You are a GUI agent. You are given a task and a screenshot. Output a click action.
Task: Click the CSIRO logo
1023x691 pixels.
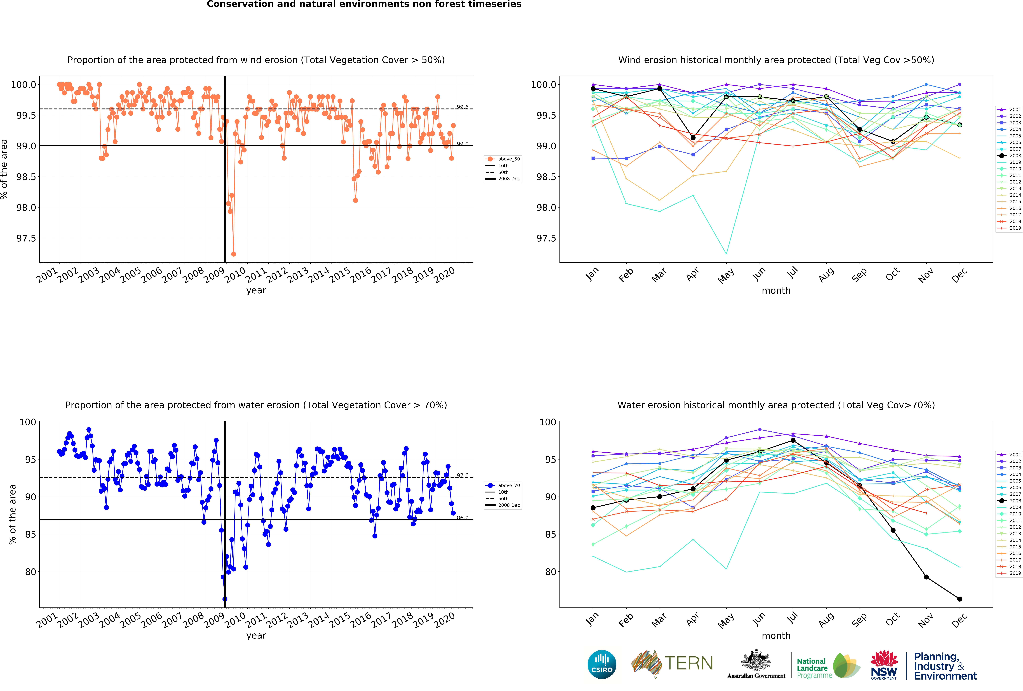click(602, 665)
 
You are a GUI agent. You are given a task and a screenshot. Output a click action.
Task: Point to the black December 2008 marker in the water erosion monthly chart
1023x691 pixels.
click(960, 599)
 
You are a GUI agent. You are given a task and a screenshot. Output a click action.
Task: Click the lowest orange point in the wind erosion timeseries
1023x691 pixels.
click(233, 254)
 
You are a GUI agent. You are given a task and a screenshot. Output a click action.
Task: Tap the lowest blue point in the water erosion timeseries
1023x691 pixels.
click(225, 599)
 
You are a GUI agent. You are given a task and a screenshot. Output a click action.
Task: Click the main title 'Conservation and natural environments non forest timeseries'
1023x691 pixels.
click(364, 4)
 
